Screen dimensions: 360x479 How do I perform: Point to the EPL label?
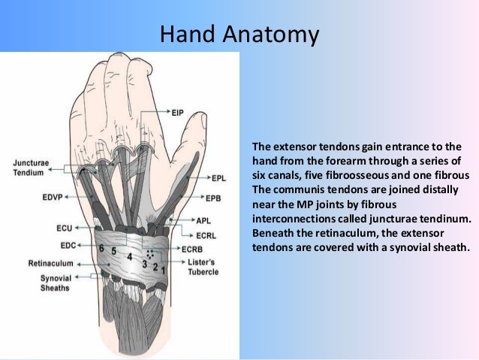pos(218,178)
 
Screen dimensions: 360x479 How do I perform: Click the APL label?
pos(203,221)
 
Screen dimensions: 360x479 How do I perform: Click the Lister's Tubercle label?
pos(203,266)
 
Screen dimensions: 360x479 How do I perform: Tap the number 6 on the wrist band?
pos(101,247)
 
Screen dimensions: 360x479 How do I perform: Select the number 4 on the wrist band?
pos(130,257)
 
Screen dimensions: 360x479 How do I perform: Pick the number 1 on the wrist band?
pos(164,268)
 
